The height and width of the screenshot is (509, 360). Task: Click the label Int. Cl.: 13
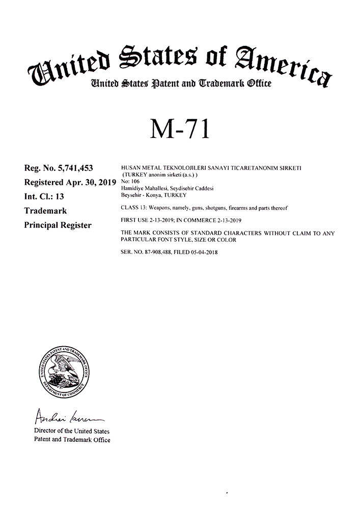click(x=44, y=196)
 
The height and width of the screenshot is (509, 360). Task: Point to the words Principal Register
click(x=58, y=224)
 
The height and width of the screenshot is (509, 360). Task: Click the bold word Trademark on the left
click(x=45, y=210)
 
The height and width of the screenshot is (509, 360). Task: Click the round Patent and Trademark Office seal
click(x=64, y=373)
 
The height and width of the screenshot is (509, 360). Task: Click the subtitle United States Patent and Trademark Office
click(x=180, y=82)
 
